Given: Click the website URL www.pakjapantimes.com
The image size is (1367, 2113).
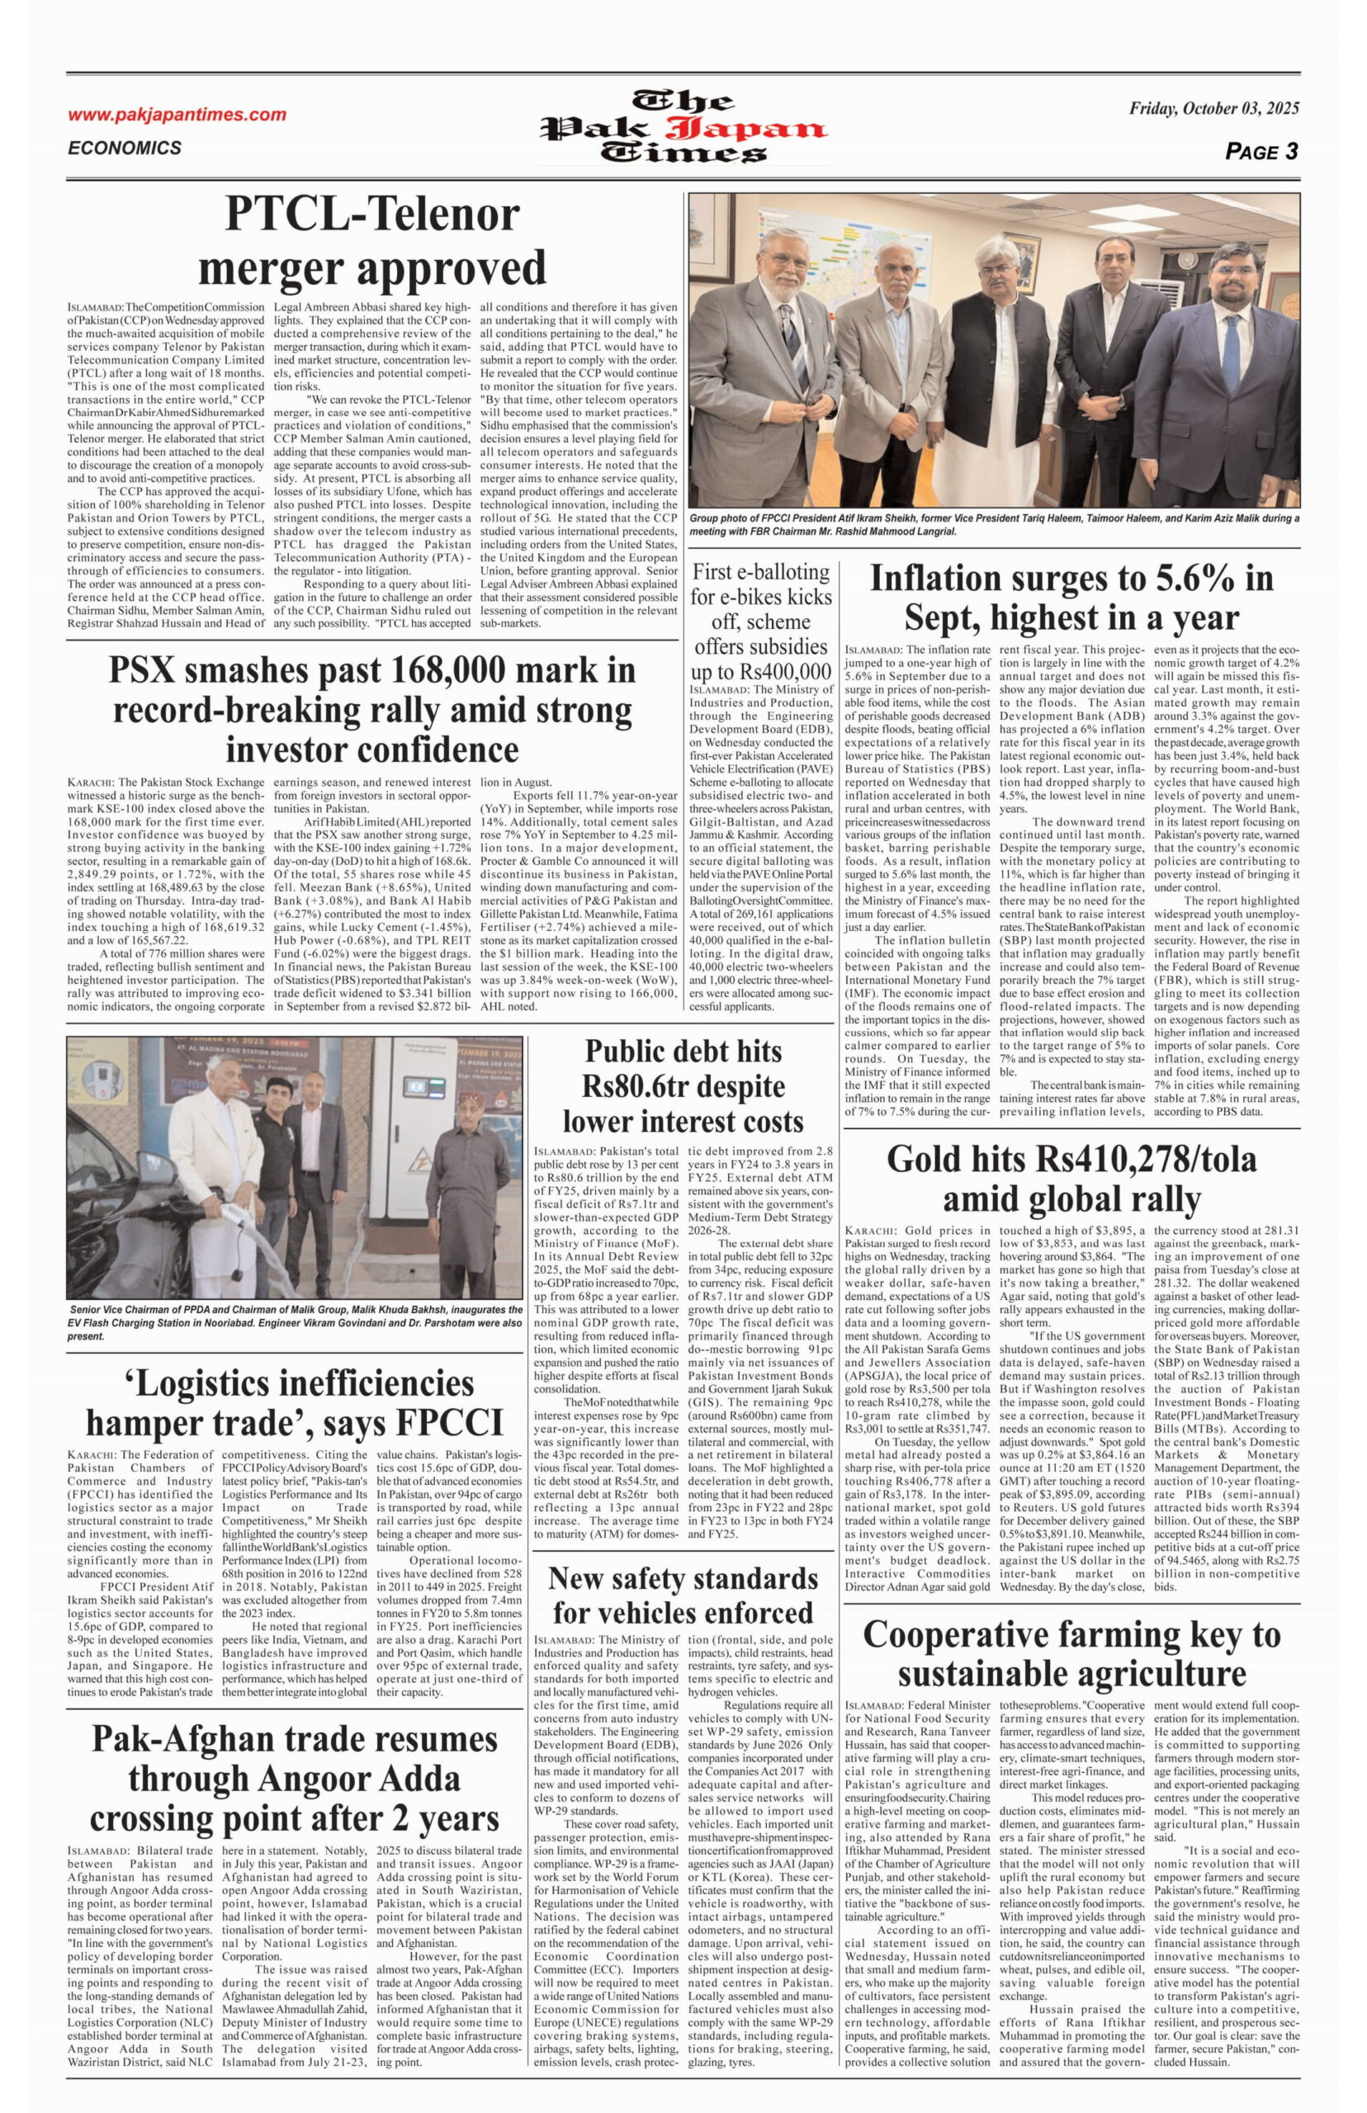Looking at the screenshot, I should point(177,115).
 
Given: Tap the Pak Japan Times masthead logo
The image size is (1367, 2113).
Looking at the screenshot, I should point(683,128).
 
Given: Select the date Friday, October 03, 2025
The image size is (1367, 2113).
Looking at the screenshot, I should point(1213,109).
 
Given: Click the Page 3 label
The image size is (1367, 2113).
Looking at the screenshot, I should point(1261,152).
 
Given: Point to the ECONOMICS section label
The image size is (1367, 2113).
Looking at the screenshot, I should point(125,149).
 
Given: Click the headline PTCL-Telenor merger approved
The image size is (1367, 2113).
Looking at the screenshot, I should point(372,240).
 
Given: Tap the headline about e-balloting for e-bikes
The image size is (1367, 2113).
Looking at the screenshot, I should point(761,621).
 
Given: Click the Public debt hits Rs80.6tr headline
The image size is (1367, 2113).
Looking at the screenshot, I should point(683,1086).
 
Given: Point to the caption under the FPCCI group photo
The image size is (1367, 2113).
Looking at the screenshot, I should point(994,524).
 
